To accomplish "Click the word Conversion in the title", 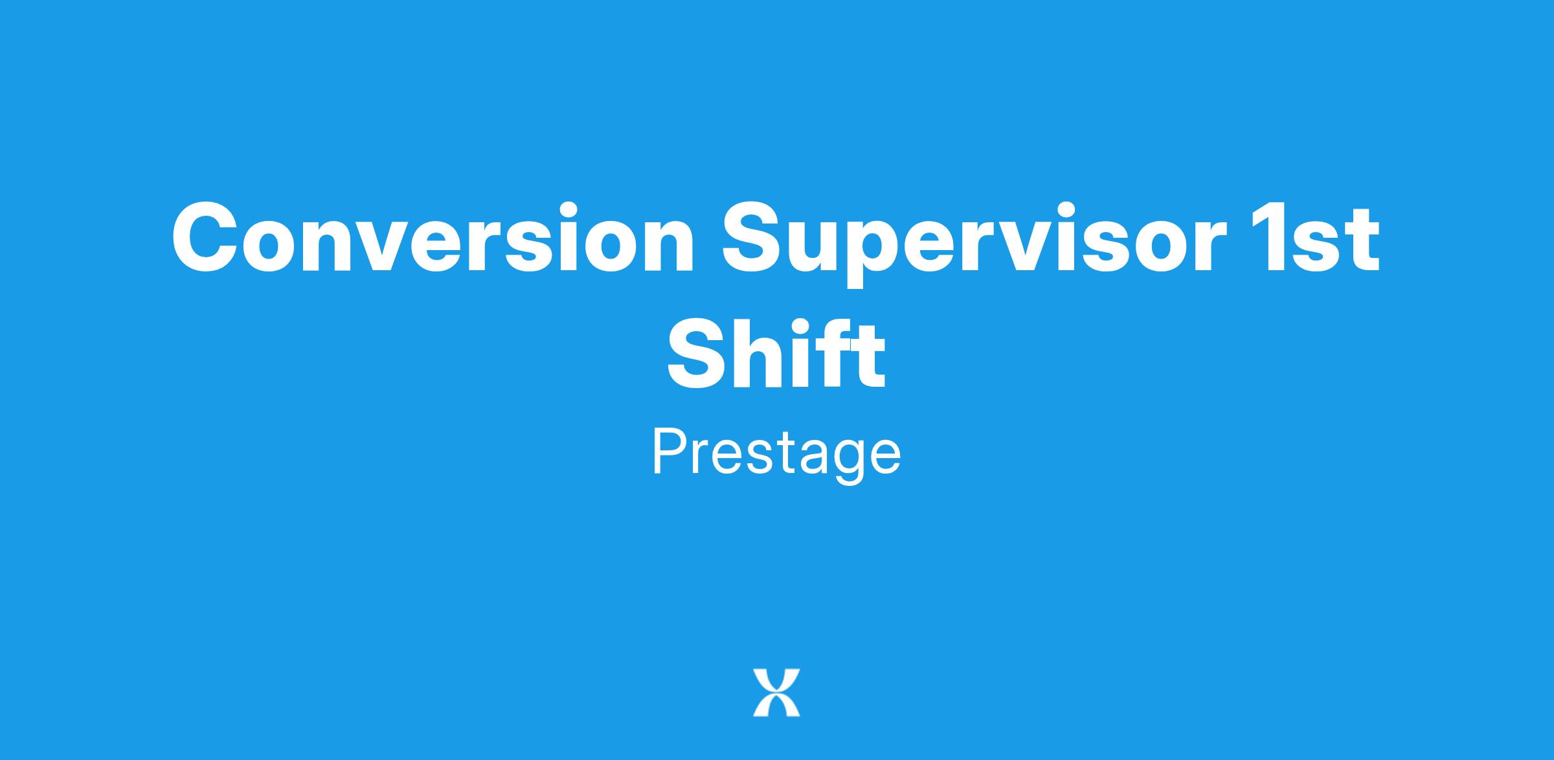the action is point(433,237).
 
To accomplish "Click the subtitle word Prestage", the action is point(776,453).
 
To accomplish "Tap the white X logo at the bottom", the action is point(776,692).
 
